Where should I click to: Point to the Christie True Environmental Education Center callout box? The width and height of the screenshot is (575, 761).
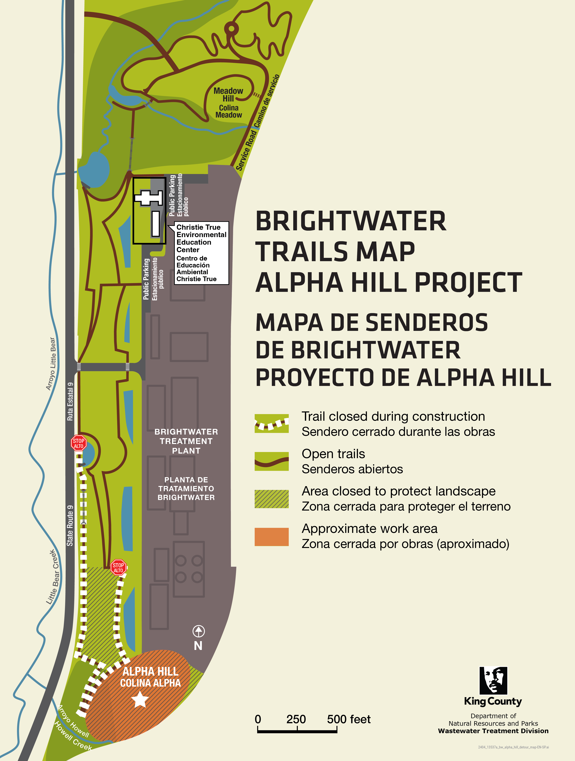[201, 253]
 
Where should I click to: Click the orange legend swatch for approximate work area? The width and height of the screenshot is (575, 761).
[272, 537]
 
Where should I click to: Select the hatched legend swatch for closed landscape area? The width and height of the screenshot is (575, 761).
[272, 499]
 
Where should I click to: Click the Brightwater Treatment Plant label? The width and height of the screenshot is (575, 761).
[186, 441]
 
